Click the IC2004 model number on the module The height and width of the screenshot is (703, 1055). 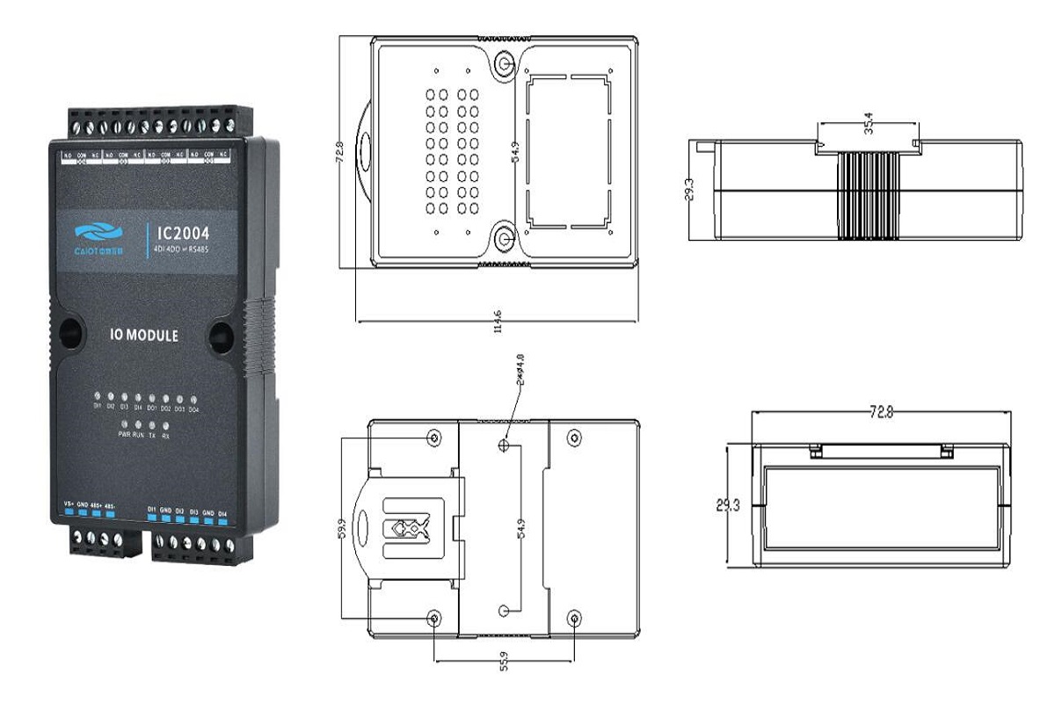click(184, 235)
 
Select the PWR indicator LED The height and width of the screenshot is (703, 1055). click(124, 425)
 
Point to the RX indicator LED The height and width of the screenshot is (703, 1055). click(166, 425)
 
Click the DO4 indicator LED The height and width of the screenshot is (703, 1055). click(193, 397)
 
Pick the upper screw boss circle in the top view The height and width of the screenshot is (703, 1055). click(505, 64)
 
